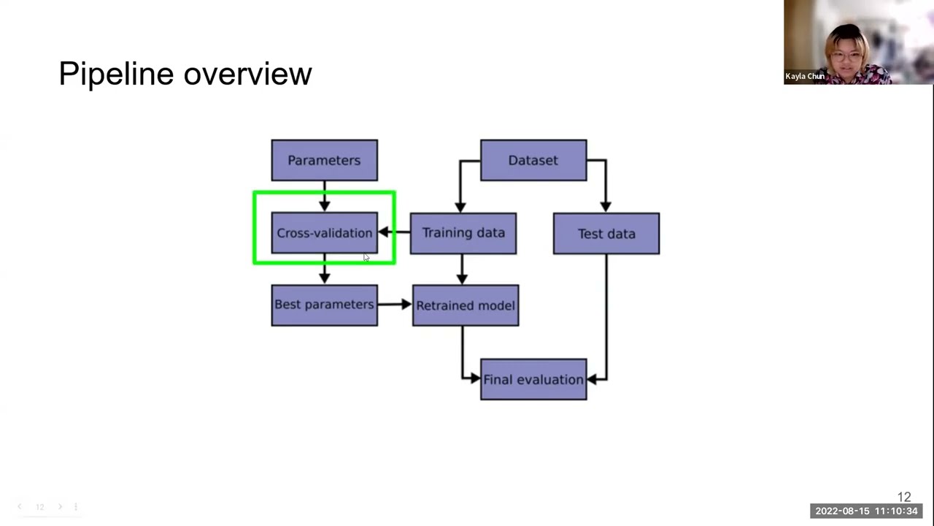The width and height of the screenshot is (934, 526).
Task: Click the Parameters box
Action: [324, 160]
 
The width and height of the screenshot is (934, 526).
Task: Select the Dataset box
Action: [533, 160]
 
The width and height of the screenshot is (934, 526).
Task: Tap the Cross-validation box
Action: [324, 233]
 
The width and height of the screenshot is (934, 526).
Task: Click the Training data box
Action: [463, 233]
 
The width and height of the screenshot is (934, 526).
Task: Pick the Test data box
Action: [606, 234]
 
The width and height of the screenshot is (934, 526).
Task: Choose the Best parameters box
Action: [324, 305]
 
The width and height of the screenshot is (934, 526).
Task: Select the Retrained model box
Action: [465, 305]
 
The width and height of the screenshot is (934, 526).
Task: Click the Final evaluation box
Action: [533, 379]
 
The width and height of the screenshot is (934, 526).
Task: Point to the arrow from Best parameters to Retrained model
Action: [395, 304]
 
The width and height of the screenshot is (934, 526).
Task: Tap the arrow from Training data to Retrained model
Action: [461, 270]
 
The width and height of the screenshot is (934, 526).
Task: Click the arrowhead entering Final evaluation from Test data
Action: [593, 379]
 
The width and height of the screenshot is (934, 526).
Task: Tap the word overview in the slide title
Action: [247, 74]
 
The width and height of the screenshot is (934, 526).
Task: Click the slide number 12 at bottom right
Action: [904, 497]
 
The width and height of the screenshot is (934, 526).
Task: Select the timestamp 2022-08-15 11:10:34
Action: [866, 511]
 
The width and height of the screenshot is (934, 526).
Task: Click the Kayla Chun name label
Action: [804, 76]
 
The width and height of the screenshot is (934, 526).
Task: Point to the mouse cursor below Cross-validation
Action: [366, 257]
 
